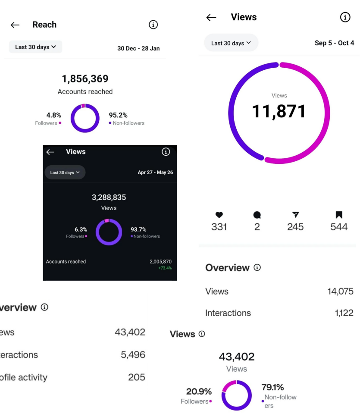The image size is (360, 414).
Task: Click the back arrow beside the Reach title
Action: (15, 25)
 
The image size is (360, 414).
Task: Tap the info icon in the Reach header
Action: (153, 25)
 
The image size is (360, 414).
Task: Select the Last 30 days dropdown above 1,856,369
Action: (35, 47)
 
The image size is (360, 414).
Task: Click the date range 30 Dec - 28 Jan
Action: (138, 48)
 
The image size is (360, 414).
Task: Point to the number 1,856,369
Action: (85, 79)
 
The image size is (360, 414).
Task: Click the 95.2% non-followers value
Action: (118, 115)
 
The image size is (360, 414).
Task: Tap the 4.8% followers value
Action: (53, 115)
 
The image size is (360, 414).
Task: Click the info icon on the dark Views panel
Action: (166, 152)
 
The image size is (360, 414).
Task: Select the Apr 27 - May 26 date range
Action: (155, 172)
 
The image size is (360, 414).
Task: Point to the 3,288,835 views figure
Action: (109, 198)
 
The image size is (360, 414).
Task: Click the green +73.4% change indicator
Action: (165, 268)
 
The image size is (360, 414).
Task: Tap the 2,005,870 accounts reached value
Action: (160, 262)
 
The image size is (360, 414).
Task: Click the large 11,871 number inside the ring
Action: (279, 111)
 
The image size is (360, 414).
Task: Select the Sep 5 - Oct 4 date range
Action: (334, 43)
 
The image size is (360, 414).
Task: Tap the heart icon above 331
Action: (219, 215)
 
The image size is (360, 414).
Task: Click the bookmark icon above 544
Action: (339, 215)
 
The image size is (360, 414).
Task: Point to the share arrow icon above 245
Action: (295, 215)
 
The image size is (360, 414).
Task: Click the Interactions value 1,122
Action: (344, 313)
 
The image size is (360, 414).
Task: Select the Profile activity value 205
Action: (136, 377)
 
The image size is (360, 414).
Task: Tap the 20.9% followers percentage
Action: (199, 392)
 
